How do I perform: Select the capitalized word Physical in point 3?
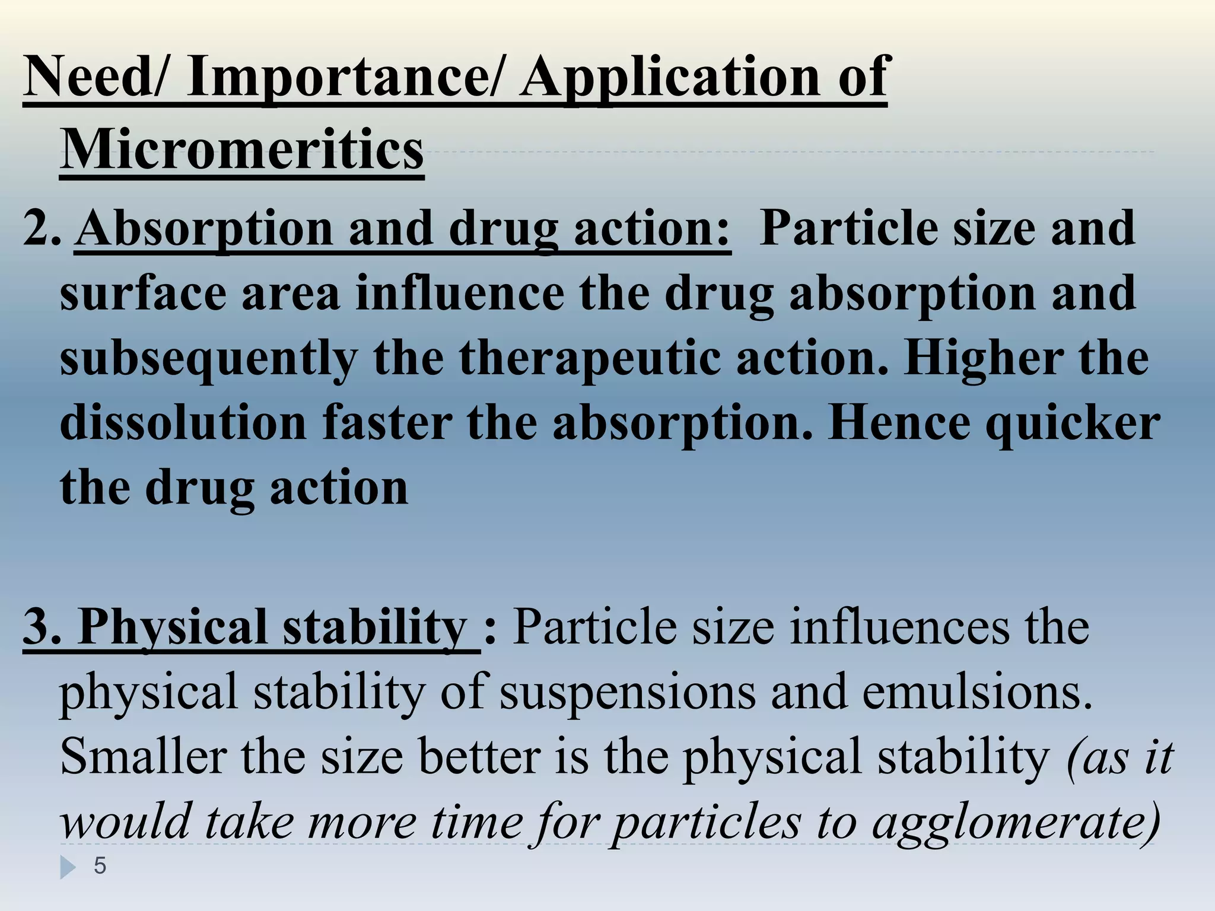[173, 628]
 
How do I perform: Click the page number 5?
[100, 867]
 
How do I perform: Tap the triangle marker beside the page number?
[68, 868]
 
